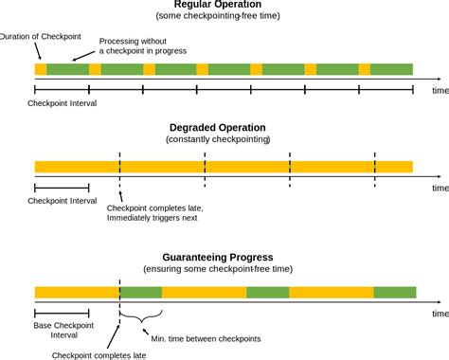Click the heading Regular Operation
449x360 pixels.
224,5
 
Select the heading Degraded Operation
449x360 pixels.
224,127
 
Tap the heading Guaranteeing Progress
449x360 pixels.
224,257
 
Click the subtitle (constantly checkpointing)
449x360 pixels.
219,139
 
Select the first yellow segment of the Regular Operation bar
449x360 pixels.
40,69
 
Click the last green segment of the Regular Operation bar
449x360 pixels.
392,69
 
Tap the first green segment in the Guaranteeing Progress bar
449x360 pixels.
141,293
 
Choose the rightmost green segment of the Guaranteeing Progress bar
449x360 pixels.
393,293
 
